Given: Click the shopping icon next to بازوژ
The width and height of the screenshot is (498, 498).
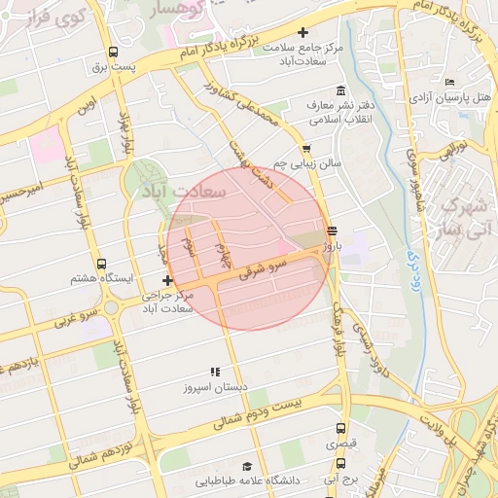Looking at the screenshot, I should [x=333, y=231].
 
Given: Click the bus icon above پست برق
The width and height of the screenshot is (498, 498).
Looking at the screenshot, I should [x=113, y=53].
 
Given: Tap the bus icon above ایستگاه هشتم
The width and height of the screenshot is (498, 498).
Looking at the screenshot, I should [x=101, y=264].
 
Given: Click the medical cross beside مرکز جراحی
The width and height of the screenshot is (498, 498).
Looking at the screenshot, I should [x=168, y=280].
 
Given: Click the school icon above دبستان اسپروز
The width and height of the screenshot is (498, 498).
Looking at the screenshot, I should [x=215, y=372].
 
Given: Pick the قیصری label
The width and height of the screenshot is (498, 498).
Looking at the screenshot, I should [x=341, y=443].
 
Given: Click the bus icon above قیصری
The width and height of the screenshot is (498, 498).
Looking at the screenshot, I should [x=340, y=427].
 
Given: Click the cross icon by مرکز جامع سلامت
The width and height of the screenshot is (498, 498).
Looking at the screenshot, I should [x=302, y=33].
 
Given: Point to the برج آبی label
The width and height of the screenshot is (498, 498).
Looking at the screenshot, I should [x=343, y=480].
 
